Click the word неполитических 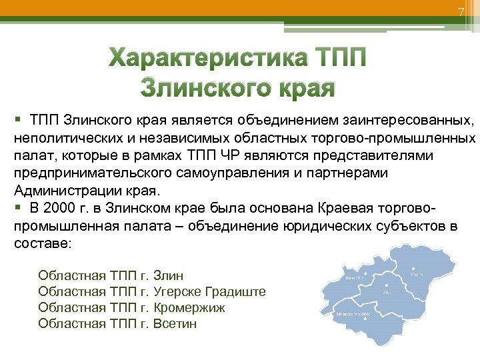pos(66,138)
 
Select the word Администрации pos(60,189)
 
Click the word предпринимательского pos(83,173)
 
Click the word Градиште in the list pos(237,291)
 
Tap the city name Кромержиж pos(189,307)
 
